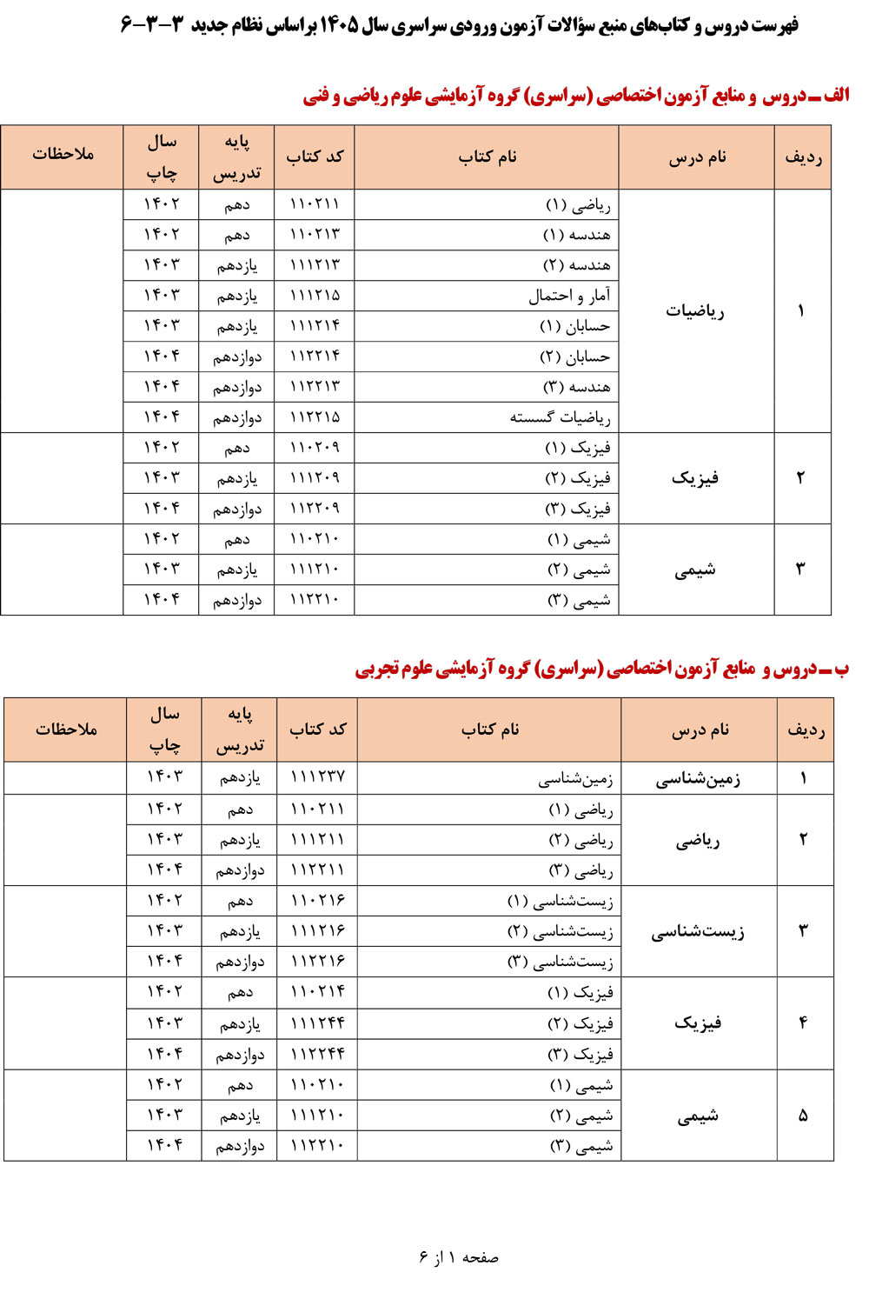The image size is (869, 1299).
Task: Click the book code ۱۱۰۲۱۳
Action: point(315,235)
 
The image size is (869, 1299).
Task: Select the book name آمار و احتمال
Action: point(569,296)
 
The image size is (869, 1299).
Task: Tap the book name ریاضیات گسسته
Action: point(560,417)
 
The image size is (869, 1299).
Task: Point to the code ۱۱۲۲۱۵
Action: point(315,417)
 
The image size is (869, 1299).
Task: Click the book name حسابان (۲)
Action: point(574,356)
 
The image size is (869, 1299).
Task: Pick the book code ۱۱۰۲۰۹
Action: point(315,448)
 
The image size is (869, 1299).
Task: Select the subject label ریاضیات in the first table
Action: point(695,311)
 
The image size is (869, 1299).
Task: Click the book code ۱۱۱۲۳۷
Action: point(317,776)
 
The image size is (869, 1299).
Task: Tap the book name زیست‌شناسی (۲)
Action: point(561,931)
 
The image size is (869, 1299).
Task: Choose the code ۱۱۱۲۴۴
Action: point(317,1023)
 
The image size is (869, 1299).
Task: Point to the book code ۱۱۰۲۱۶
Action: point(317,901)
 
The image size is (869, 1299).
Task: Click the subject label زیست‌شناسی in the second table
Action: point(698,932)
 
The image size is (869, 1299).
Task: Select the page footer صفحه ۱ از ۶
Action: point(459,1257)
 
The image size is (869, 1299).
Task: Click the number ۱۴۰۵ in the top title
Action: point(339,25)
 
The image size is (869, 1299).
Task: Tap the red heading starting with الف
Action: point(575,96)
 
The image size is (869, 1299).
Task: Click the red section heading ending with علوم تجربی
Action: point(601,669)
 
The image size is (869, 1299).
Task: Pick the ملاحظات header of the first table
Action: point(63,155)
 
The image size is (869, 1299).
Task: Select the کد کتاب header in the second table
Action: point(317,729)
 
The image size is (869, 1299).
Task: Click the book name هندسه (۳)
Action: point(576,387)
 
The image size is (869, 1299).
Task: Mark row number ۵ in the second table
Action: point(803,1116)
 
